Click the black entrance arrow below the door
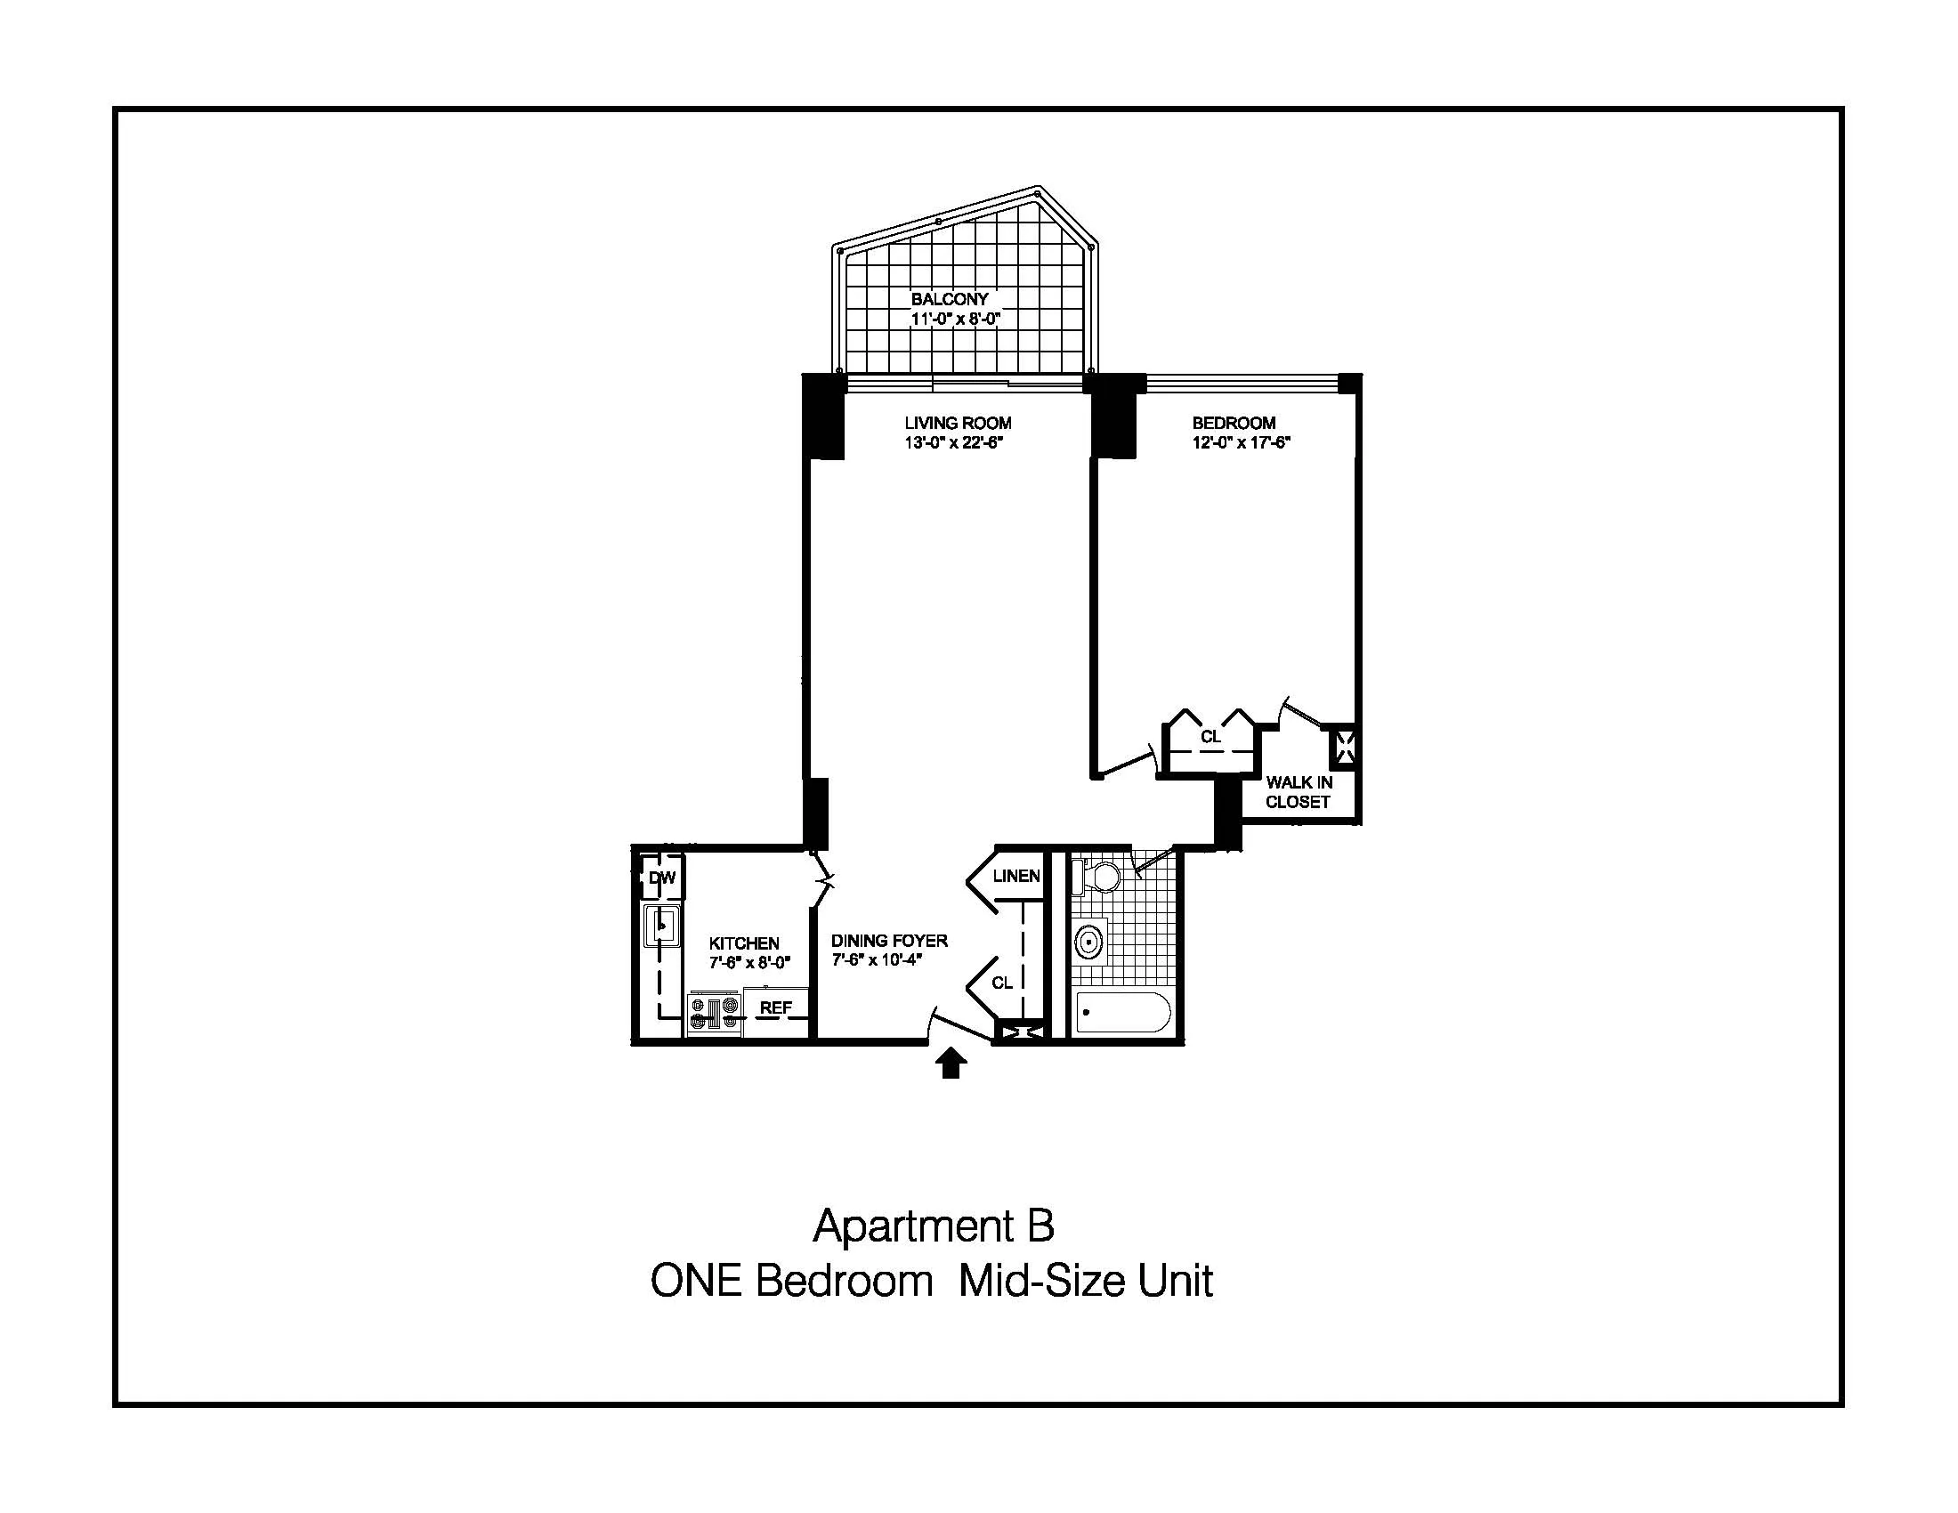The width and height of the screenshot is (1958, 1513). [x=951, y=1064]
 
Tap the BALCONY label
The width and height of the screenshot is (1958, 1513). [x=950, y=298]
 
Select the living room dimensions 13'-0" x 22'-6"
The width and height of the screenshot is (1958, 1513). [x=957, y=443]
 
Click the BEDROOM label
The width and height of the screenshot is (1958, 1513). [x=1234, y=423]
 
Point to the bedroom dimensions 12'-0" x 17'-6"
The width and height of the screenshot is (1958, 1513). [x=1241, y=443]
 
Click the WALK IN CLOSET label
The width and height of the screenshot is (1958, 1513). [x=1299, y=792]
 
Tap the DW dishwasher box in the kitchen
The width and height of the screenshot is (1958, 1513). [x=661, y=878]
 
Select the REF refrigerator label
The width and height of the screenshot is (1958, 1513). [x=775, y=1007]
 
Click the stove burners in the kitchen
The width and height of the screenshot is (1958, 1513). [x=715, y=1013]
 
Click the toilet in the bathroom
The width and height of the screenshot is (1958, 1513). [x=1098, y=876]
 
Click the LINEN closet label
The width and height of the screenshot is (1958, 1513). [x=1015, y=876]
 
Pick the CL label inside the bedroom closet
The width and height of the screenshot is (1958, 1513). [x=1210, y=737]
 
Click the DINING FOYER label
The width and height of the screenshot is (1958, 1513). [x=888, y=940]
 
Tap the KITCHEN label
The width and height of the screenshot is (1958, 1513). [x=744, y=943]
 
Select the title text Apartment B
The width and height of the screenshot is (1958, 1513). [x=934, y=1226]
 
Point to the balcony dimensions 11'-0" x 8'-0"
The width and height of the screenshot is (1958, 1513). [x=956, y=320]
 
